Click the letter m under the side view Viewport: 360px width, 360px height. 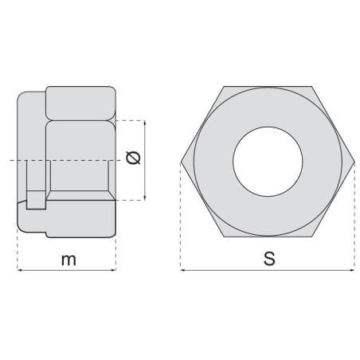pos(68,260)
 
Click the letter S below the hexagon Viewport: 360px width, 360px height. pos(269,259)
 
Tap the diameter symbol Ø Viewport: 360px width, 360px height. pos(133,158)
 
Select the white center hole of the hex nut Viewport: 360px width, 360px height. pos(268,162)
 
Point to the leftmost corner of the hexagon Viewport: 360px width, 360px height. pos(181,162)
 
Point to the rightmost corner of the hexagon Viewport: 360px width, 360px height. pos(354,162)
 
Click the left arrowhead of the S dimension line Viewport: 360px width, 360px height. pos(182,270)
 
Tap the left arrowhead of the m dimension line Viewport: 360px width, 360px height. pos(19,270)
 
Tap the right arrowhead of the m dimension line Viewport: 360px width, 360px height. pos(114,270)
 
